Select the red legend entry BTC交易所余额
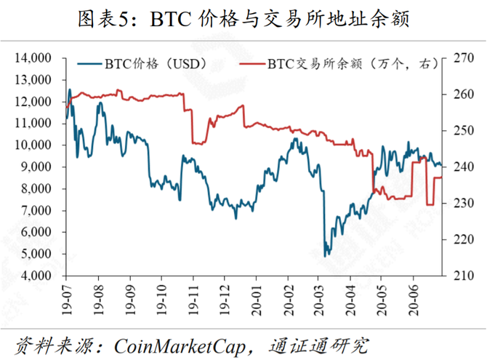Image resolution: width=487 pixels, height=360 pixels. pos(342,63)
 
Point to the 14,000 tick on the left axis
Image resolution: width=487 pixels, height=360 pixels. pos(33,57)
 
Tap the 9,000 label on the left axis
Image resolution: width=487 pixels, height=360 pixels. pos(36,167)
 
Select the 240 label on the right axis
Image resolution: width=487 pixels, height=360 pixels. pos(459,167)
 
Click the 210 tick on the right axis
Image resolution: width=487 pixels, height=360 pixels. pos(459,276)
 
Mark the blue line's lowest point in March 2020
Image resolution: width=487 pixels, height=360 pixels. pos(326,256)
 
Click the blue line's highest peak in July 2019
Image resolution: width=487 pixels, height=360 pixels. pos(70,89)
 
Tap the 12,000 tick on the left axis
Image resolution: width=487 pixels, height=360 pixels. pos(33,101)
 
